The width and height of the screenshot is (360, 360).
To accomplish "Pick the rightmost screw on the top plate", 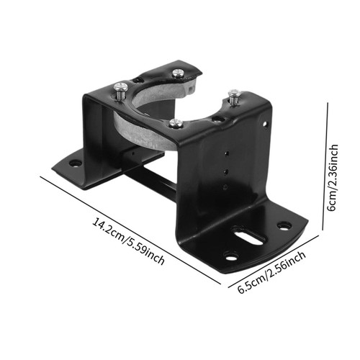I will coord(233,94).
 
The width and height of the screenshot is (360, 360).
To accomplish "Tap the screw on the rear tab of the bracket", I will coord(178,71).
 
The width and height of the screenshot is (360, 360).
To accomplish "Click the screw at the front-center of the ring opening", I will coord(176,122).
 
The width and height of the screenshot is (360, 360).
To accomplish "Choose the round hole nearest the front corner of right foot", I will coord(230,256).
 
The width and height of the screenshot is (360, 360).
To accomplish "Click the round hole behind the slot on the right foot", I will coord(284,225).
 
